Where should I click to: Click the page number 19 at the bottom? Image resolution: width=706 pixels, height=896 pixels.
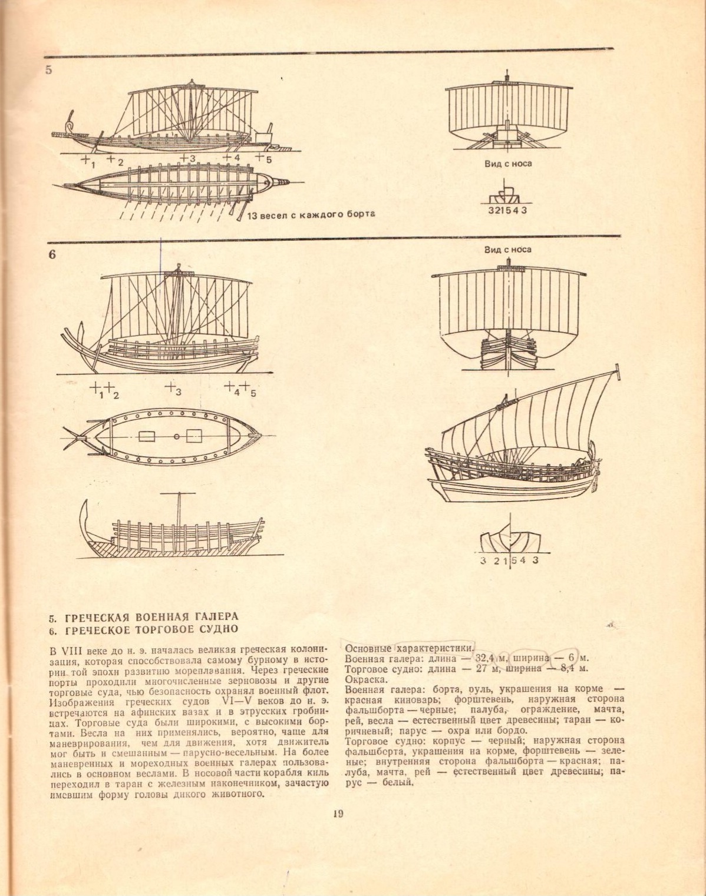[x=338, y=814]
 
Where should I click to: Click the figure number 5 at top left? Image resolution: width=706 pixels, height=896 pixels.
[x=48, y=69]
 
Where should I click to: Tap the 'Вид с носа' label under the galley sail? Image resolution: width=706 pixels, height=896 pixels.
[x=508, y=164]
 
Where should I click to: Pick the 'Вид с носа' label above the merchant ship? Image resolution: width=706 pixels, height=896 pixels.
[x=508, y=249]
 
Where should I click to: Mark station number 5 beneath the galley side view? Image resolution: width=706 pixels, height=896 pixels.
[x=268, y=160]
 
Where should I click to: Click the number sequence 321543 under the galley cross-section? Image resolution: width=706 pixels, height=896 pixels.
[x=507, y=211]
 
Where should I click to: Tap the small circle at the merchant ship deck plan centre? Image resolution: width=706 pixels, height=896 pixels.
[x=177, y=437]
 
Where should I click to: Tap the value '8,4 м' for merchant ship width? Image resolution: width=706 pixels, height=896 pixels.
[x=576, y=668]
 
